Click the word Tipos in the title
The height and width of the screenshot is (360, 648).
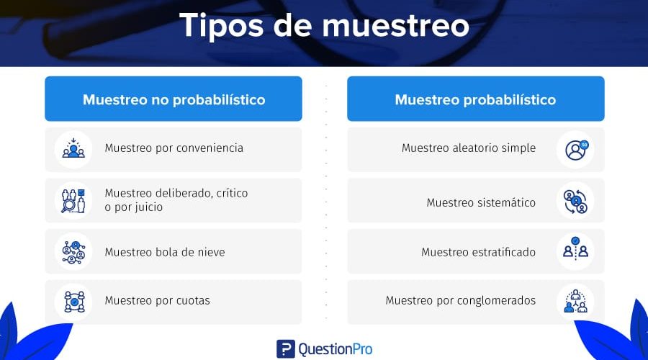[x=222, y=27]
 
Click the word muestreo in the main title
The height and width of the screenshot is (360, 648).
[x=395, y=26]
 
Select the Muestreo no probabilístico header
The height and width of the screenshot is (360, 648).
[x=174, y=99]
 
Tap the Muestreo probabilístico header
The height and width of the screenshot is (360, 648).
[x=476, y=99]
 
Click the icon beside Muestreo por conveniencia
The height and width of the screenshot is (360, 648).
[x=73, y=149]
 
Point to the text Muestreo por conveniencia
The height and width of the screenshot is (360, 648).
[x=174, y=148]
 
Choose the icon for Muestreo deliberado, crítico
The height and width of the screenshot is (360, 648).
[x=73, y=200]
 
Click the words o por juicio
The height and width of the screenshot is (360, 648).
[x=133, y=207]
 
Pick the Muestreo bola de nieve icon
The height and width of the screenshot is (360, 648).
[x=73, y=252]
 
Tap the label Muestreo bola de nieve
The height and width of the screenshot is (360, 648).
[x=165, y=252]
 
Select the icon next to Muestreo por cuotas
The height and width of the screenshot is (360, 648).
[x=74, y=301]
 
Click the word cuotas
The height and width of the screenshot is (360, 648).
[x=193, y=300]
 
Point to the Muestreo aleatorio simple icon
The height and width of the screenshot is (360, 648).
[x=576, y=150]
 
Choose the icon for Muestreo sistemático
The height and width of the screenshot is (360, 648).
[x=575, y=202]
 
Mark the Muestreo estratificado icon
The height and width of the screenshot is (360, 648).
[x=575, y=248]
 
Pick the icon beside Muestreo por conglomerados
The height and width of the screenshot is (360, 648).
[x=576, y=301]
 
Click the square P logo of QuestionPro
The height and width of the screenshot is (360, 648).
[x=286, y=349]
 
